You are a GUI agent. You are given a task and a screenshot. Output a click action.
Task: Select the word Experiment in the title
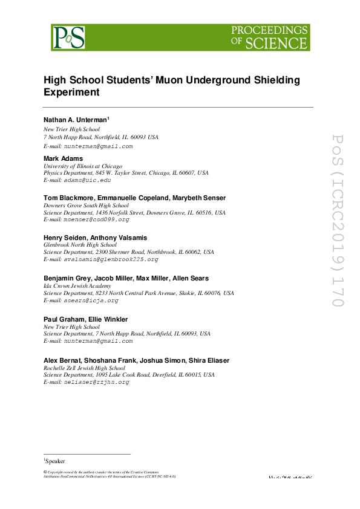pos(71,92)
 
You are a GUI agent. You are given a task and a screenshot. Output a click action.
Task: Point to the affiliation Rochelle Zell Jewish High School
pos(85,368)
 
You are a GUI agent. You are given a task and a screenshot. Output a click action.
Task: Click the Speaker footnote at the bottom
pos(55,461)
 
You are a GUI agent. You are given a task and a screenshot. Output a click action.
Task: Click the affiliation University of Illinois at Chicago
pos(83,166)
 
